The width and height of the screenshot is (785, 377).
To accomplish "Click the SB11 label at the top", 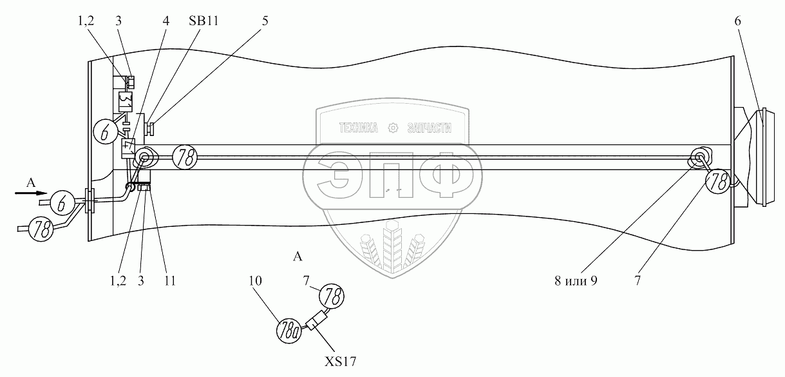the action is (x=204, y=21).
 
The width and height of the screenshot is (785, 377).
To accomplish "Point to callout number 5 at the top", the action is (x=265, y=21).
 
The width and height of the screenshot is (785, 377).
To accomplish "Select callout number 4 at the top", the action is (x=166, y=21).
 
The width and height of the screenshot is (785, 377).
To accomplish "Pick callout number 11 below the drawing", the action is (x=169, y=282).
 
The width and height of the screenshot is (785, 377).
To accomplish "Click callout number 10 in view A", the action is (x=256, y=282).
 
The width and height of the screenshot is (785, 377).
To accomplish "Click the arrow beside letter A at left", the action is (x=38, y=192).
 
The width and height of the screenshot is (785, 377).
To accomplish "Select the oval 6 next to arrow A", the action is (x=61, y=202).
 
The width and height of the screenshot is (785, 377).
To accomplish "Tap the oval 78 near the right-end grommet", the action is (x=719, y=182).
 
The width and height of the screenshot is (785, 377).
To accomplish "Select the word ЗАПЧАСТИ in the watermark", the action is (x=430, y=128).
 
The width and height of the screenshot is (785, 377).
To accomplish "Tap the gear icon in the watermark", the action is (x=393, y=128).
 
